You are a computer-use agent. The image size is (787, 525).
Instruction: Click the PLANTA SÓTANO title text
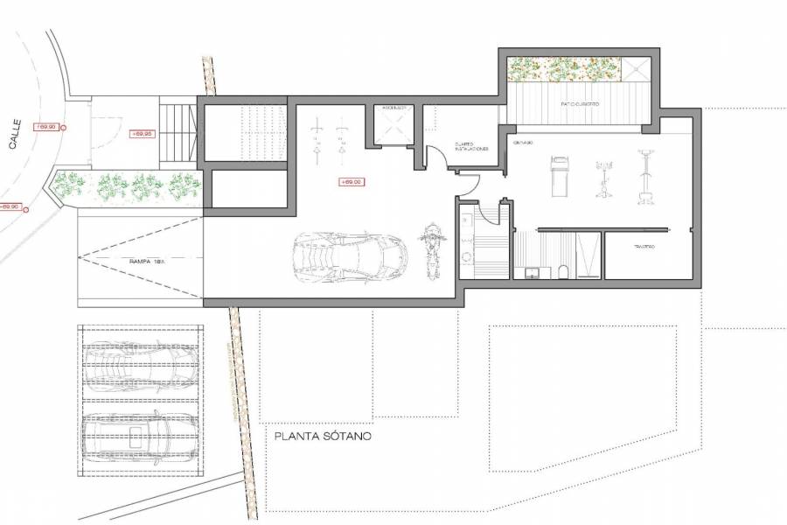323,435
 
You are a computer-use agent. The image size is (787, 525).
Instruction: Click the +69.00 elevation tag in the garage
350,182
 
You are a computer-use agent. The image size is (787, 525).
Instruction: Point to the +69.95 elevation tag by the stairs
142,134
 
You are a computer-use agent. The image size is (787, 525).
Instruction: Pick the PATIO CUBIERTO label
580,104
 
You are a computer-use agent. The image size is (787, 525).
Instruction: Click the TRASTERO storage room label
644,247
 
